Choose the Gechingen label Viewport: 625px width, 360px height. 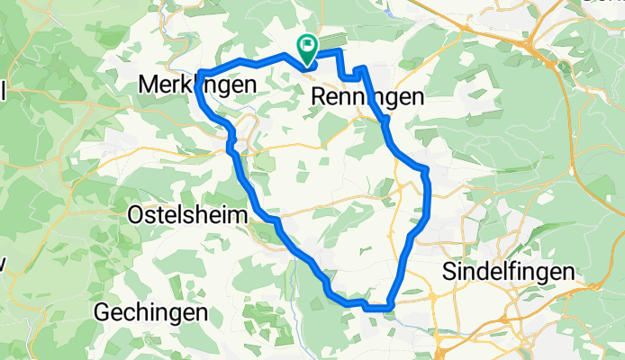[x=152, y=312]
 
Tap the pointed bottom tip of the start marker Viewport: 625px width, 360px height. [x=307, y=65]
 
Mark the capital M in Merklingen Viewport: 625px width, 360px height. [x=148, y=84]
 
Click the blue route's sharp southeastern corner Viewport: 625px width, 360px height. [x=390, y=308]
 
